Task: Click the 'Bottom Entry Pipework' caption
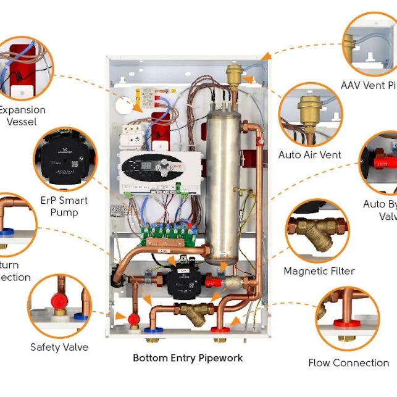click(188, 357)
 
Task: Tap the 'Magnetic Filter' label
click(319, 271)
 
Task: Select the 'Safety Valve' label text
click(59, 347)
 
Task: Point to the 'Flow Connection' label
click(349, 363)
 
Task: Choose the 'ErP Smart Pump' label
click(64, 206)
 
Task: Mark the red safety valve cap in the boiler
click(133, 319)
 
